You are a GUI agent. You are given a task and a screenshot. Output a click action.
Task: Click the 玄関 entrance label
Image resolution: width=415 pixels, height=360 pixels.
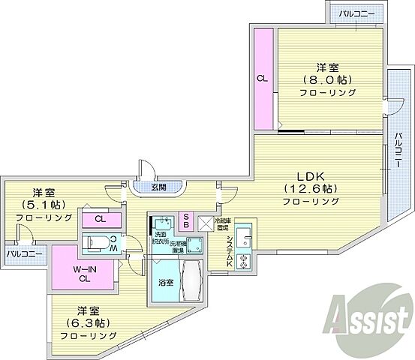point(158,187)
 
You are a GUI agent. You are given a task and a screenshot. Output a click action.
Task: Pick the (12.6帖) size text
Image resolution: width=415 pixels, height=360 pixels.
point(309,187)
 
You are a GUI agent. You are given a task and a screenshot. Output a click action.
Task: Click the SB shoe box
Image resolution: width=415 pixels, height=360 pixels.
point(188,221)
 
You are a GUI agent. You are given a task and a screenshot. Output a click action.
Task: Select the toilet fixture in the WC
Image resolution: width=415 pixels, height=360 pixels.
point(98,242)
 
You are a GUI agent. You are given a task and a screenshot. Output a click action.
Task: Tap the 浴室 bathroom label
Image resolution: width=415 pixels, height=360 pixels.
point(165,283)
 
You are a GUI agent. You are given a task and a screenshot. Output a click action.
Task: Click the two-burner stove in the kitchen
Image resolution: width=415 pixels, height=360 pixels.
point(243,262)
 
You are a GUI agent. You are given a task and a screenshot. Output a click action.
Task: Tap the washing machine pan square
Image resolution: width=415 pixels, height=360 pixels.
point(194,244)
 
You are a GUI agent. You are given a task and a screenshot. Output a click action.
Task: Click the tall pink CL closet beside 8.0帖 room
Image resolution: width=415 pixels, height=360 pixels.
point(263,78)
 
